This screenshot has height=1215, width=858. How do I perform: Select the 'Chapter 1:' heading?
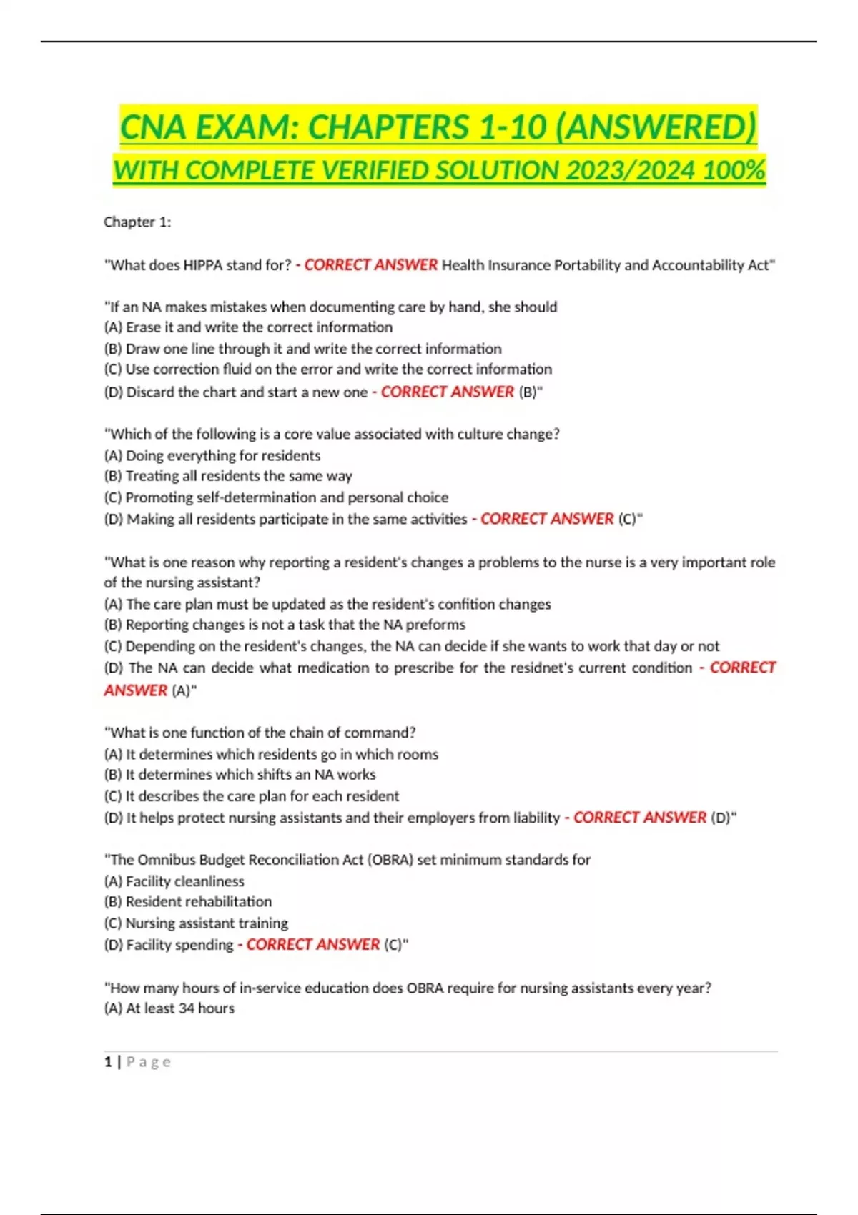click(x=137, y=222)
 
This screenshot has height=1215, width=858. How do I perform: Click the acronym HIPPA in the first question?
click(x=203, y=265)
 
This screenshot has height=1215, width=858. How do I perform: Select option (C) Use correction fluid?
click(x=327, y=370)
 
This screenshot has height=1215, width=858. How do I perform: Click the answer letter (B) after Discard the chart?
click(x=528, y=392)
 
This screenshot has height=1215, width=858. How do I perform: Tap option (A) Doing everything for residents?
click(x=212, y=455)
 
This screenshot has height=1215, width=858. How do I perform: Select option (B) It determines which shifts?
click(x=240, y=775)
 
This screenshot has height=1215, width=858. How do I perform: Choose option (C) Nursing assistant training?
click(x=196, y=923)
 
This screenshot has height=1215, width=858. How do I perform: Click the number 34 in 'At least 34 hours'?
click(x=187, y=1008)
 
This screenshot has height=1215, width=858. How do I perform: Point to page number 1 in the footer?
click(x=108, y=1062)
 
